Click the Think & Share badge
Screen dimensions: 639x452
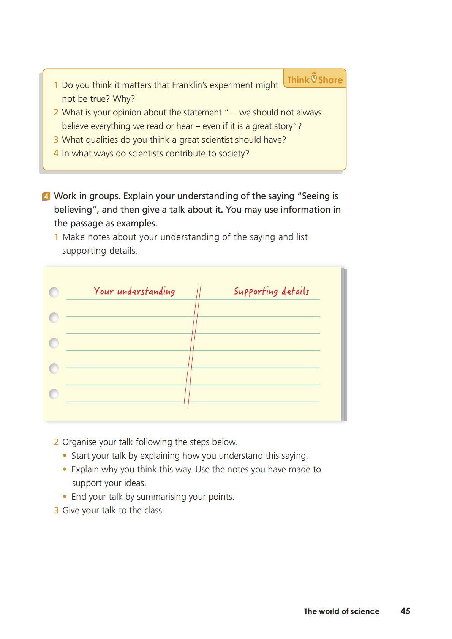tap(315, 79)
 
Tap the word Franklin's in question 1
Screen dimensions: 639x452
tap(189, 85)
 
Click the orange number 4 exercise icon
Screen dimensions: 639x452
tap(46, 196)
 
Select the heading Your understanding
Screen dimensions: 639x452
tap(134, 291)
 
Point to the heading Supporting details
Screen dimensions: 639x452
tap(271, 291)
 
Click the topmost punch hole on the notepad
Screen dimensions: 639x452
tap(54, 292)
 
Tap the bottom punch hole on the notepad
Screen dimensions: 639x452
tap(54, 394)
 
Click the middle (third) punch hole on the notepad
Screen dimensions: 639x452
tap(54, 343)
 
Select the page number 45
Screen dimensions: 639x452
tap(405, 611)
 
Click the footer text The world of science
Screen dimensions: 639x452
tap(341, 611)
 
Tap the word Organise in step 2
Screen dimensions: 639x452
tap(78, 442)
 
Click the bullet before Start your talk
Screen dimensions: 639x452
tap(65, 456)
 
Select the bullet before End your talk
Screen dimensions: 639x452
tap(65, 497)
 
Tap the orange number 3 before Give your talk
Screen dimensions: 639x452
tap(56, 510)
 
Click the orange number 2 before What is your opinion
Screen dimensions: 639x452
tap(56, 112)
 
